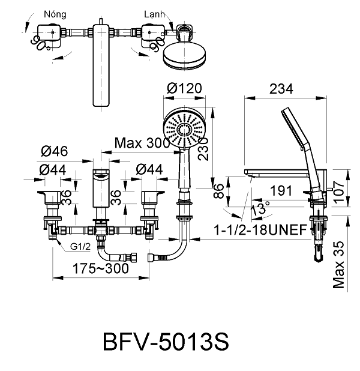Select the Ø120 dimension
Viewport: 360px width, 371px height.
coord(183,88)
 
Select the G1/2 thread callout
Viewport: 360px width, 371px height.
coord(81,246)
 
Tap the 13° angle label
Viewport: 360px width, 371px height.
coord(260,212)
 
